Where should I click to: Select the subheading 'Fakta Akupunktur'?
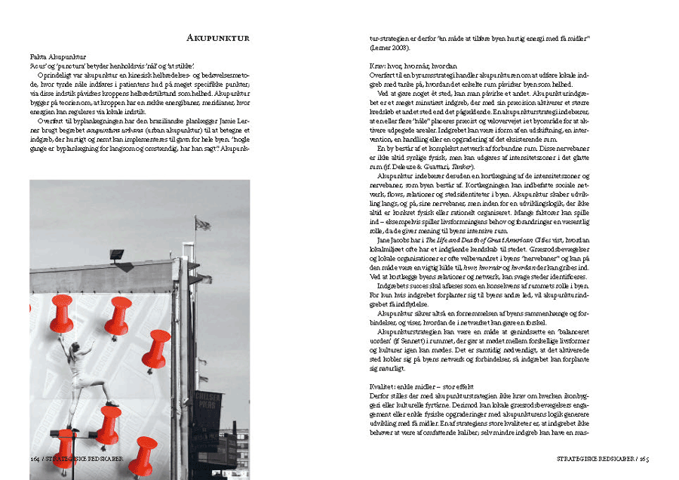coord(58,57)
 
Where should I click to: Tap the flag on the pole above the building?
coord(202,223)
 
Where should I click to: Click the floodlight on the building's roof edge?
coord(116,254)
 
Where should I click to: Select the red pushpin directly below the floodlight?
coord(118,315)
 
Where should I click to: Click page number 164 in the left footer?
coord(35,458)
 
